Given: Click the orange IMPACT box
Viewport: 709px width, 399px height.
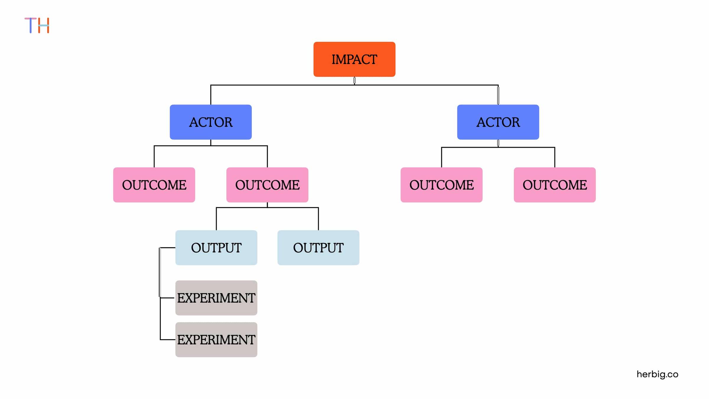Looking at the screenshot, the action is pos(354,59).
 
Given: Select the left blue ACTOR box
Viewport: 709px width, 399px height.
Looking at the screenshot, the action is pos(211,122).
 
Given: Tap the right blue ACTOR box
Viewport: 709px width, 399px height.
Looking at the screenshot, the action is pos(498,122).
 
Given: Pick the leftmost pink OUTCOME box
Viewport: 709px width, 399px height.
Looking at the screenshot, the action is pos(154,185).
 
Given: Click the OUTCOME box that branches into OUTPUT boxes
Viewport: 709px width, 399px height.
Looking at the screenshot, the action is pos(267,185).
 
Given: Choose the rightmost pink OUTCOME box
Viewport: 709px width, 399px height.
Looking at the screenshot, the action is pos(554,185).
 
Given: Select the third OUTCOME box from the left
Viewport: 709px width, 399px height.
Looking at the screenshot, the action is pos(441,185).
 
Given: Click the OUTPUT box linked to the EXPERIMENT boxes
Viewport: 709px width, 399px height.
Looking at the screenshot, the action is pos(216,248).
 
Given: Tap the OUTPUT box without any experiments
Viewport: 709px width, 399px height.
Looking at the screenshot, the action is pos(318,248).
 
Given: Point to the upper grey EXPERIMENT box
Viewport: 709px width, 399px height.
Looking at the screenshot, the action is pos(216,298).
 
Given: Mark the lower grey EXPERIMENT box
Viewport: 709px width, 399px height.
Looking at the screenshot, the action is pos(216,340).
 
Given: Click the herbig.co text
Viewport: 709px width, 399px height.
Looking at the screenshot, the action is pos(657,374).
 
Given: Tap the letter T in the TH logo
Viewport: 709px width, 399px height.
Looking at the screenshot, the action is pos(30,25).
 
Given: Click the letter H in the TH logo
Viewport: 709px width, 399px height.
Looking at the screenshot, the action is pos(43,25).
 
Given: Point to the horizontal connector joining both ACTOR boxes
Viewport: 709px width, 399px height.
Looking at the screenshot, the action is pos(354,85).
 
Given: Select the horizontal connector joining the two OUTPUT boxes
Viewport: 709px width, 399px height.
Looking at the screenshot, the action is pos(267,207).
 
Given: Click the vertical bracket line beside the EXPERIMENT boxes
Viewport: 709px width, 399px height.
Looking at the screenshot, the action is pos(160,293).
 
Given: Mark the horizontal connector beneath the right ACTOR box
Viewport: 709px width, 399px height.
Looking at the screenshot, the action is pos(498,147).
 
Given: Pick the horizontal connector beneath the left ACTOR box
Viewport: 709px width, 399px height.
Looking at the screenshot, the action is pos(211,146).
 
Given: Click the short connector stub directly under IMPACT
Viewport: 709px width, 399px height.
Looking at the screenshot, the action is pos(354,81).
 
